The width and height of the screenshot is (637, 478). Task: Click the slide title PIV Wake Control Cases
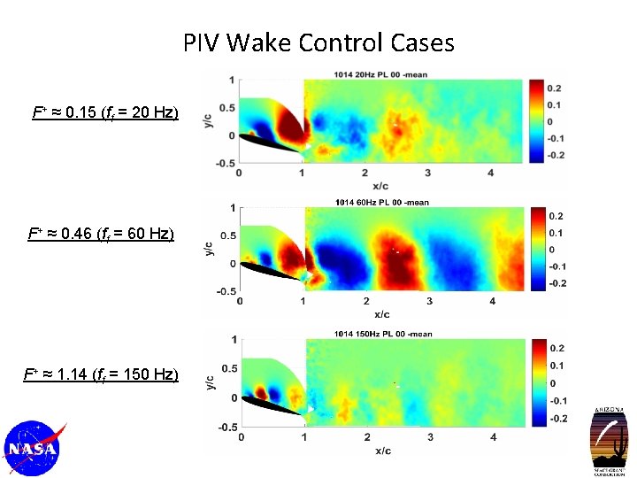click(318, 42)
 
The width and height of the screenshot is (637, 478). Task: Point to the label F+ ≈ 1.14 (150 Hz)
click(101, 374)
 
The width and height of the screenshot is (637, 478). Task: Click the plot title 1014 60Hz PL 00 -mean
click(382, 202)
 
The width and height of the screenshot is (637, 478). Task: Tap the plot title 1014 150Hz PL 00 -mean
click(382, 334)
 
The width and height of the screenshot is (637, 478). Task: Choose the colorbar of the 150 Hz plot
click(539, 382)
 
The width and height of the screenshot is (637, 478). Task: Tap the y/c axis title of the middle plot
click(209, 249)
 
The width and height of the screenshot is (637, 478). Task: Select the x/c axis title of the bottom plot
click(382, 451)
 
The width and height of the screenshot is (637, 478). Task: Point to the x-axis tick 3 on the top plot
click(428, 173)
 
